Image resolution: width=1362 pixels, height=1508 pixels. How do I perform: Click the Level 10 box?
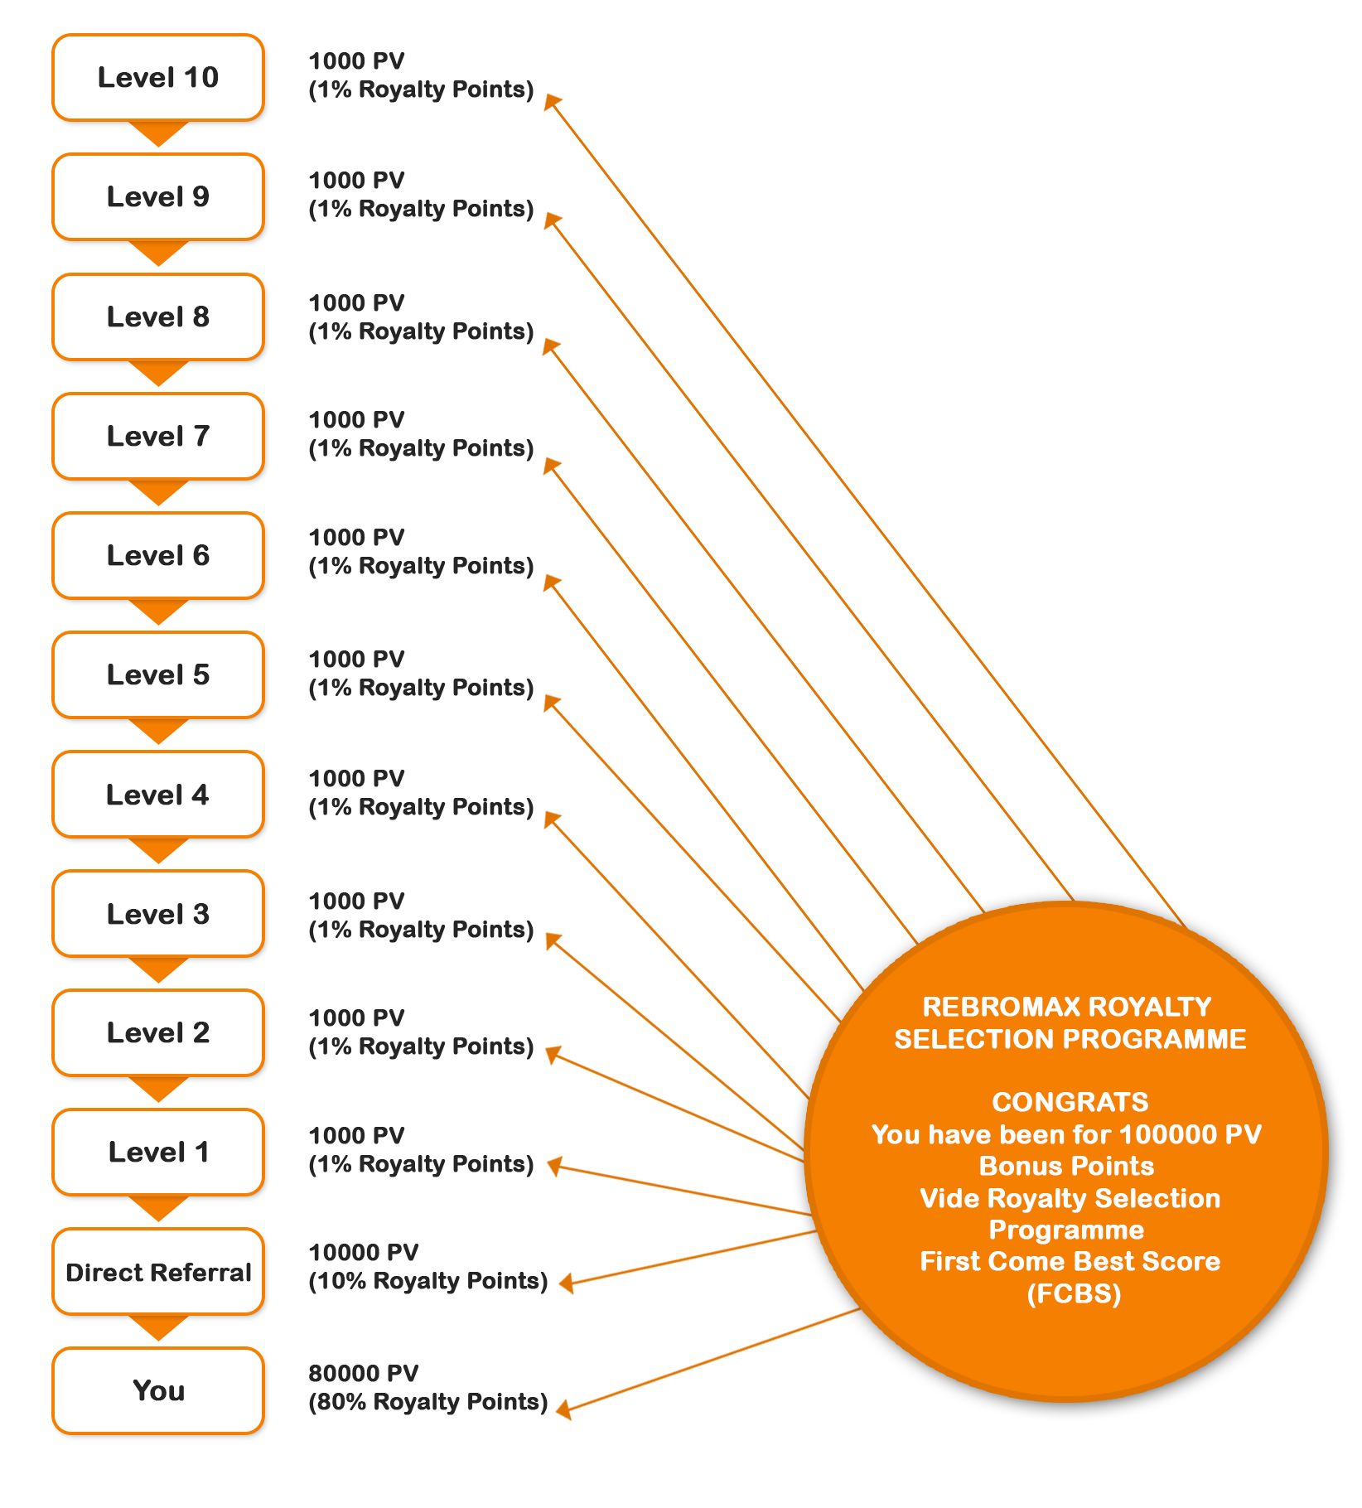pos(158,78)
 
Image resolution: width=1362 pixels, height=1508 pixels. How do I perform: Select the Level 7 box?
pos(158,436)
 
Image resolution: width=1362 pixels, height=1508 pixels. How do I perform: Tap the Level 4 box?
pos(158,795)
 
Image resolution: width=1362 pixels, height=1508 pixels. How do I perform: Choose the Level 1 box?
pos(158,1152)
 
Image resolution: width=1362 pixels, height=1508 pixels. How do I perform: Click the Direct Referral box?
pos(158,1272)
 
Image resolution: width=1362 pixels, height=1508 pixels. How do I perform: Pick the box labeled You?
pos(158,1390)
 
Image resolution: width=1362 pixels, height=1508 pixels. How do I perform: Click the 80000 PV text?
pos(364,1373)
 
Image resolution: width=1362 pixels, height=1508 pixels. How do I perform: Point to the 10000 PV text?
pos(364,1252)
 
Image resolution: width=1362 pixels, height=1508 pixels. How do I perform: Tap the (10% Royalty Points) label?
pos(428,1281)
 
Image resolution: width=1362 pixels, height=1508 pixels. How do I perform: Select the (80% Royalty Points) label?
pos(428,1402)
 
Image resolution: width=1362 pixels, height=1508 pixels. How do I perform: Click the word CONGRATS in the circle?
pos(1070,1102)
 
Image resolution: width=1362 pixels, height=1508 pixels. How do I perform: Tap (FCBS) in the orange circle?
pos(1074,1293)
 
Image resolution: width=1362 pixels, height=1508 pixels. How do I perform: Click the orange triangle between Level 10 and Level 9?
pos(158,133)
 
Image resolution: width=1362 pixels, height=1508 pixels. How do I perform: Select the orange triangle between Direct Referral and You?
pos(158,1327)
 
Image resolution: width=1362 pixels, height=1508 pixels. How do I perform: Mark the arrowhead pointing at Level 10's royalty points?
pos(552,102)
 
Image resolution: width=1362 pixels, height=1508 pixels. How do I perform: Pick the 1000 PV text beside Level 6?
pos(356,538)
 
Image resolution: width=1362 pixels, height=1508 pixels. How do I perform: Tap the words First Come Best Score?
pos(1070,1261)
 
